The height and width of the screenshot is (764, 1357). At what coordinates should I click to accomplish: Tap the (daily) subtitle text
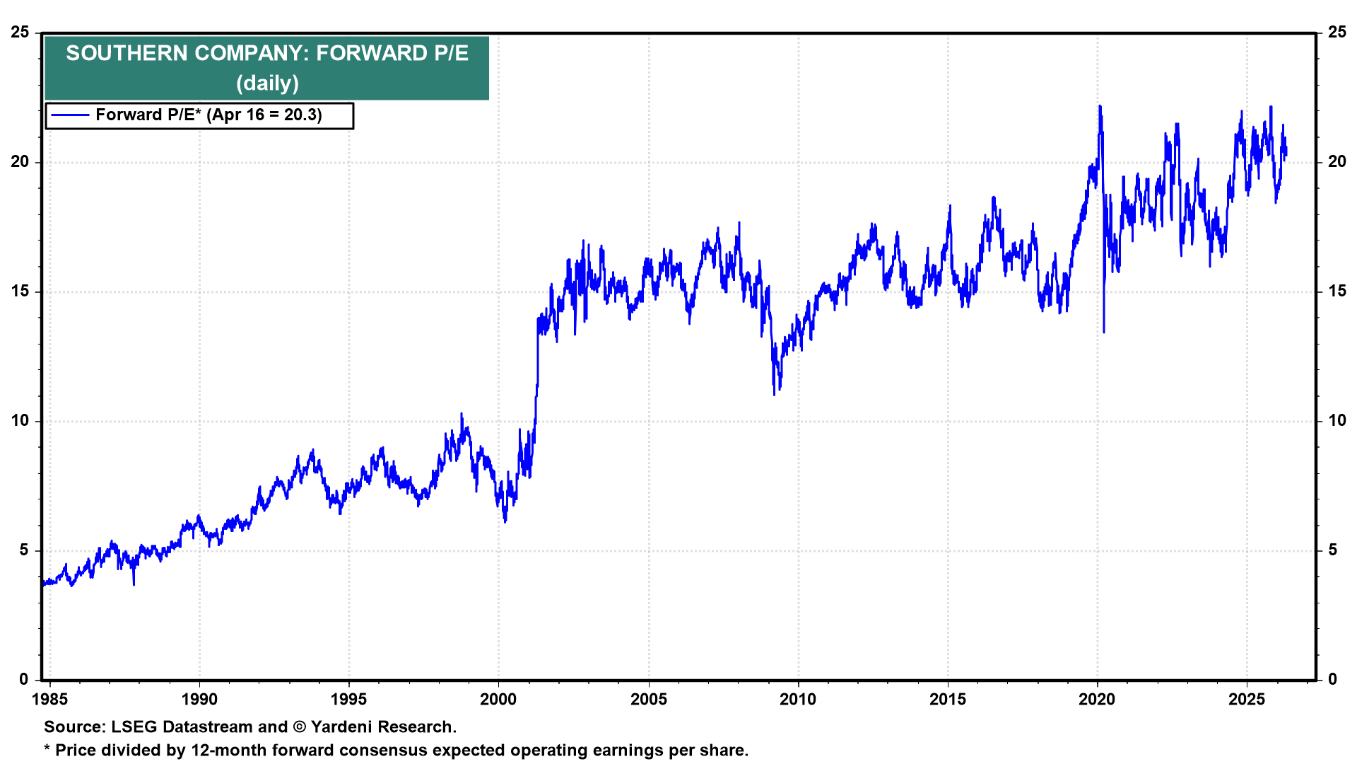point(267,83)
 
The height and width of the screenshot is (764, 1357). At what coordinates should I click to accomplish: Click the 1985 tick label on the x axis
point(50,700)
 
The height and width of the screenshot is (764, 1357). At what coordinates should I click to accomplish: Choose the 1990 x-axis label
point(199,700)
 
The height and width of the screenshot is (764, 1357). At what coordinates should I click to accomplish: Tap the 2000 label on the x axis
point(498,700)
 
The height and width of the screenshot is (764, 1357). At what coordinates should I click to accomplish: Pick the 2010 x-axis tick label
point(798,700)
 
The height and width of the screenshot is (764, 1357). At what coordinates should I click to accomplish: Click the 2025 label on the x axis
point(1247,700)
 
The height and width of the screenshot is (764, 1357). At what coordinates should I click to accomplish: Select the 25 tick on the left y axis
point(20,33)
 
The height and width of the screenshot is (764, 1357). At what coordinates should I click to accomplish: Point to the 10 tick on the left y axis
point(20,421)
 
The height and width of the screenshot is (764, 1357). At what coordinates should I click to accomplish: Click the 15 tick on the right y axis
point(1337,291)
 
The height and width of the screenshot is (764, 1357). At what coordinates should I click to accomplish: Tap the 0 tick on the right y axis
point(1333,680)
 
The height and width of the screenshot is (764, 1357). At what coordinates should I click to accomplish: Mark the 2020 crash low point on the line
point(1104,332)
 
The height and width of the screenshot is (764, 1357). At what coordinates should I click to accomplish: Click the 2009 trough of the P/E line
point(775,394)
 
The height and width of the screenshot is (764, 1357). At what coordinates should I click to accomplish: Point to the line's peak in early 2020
point(1100,106)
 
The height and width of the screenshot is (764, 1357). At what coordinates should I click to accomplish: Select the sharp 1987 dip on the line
point(134,584)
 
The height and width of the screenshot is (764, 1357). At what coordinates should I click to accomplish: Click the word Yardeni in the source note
point(345,727)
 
